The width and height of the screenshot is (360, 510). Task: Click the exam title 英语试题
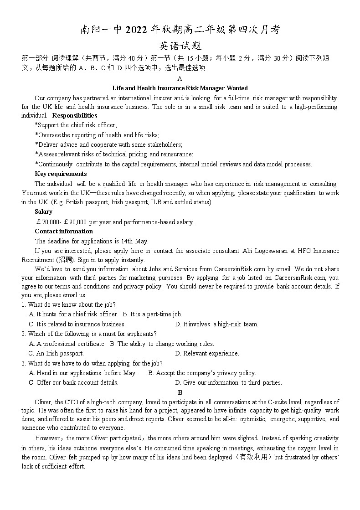(x=180, y=46)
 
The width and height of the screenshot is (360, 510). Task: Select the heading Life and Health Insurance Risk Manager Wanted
(x=180, y=88)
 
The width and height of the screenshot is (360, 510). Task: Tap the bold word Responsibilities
(x=75, y=115)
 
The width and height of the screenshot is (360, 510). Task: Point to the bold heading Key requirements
(x=61, y=174)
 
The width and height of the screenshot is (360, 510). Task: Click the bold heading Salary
(x=43, y=211)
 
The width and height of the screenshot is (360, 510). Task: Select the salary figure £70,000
(x=47, y=222)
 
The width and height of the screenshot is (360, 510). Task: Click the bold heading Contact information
(x=64, y=231)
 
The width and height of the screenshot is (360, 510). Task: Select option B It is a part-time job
(x=152, y=314)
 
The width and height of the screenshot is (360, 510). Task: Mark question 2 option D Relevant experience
(x=207, y=353)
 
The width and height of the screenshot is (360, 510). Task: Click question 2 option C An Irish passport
(x=57, y=353)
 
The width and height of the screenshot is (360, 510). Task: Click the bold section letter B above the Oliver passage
(x=180, y=392)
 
